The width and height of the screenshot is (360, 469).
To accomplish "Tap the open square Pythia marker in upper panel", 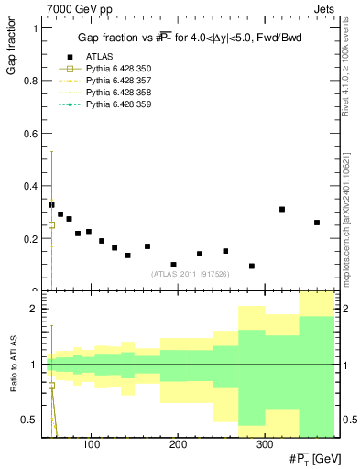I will pos(51,224).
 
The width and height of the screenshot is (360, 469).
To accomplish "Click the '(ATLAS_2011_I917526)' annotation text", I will pos(190,273).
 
